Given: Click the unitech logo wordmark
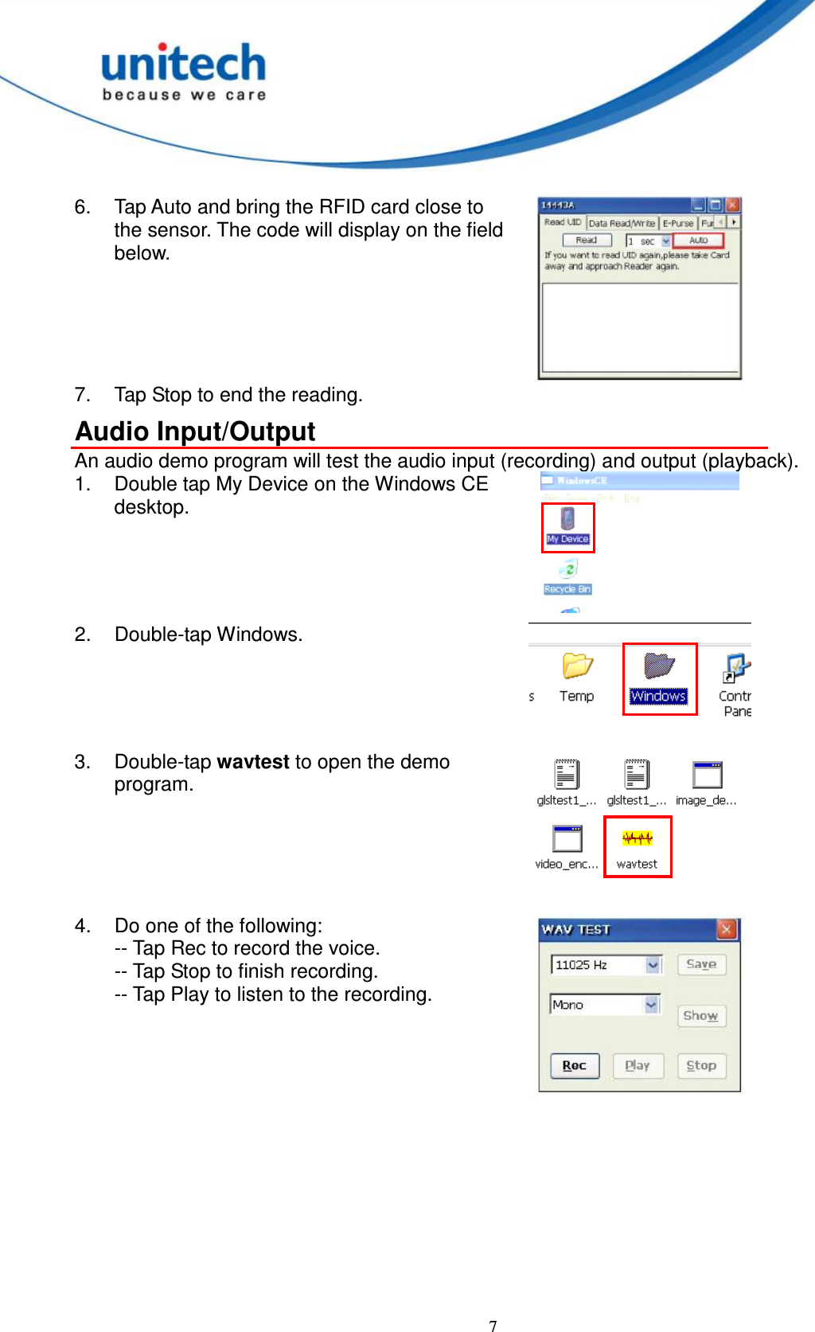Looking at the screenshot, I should (x=183, y=64).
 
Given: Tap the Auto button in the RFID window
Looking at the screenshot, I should (x=698, y=240).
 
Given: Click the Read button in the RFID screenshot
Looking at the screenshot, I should (x=587, y=240).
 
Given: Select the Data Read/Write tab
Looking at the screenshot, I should (x=622, y=224).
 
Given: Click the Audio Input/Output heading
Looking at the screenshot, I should (x=196, y=432).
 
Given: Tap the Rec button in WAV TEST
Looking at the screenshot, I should (x=574, y=1065).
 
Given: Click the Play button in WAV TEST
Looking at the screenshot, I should (x=638, y=1065).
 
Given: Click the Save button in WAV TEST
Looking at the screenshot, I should (x=701, y=964).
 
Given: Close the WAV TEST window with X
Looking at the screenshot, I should (x=726, y=929).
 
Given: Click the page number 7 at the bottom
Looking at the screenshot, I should (x=493, y=1325).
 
